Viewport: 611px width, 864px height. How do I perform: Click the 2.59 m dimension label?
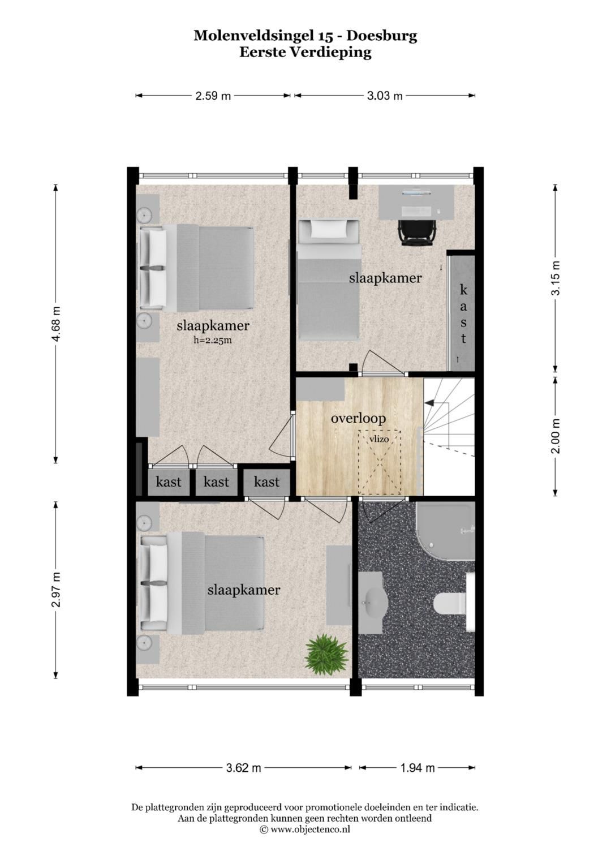pyautogui.click(x=213, y=96)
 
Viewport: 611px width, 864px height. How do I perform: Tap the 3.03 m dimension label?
pyautogui.click(x=385, y=96)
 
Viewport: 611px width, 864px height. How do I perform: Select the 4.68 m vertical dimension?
pyautogui.click(x=55, y=324)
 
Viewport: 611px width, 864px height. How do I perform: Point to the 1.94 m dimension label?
pyautogui.click(x=418, y=768)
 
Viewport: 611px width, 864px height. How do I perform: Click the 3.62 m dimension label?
pyautogui.click(x=243, y=768)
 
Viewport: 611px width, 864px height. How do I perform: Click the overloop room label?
pyautogui.click(x=358, y=418)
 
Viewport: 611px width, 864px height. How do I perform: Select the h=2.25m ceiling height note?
pyautogui.click(x=213, y=340)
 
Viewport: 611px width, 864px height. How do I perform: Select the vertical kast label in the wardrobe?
pyautogui.click(x=463, y=314)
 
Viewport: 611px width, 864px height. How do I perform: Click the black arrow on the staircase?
pyautogui.click(x=429, y=402)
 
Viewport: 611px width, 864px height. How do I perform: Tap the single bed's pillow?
pyautogui.click(x=329, y=229)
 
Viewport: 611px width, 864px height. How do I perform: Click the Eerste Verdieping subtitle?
pyautogui.click(x=305, y=52)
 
